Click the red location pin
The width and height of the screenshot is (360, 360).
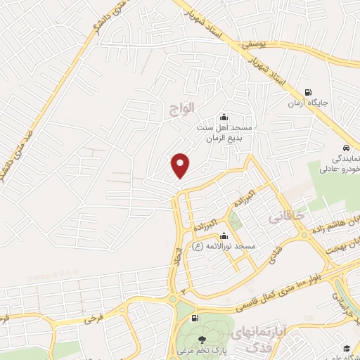point(181,165)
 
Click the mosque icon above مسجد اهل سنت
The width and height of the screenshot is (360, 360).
point(224,117)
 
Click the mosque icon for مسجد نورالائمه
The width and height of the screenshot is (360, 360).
point(224,236)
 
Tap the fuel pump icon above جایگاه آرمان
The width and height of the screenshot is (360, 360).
point(307,92)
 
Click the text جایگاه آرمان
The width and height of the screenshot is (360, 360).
point(307,103)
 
